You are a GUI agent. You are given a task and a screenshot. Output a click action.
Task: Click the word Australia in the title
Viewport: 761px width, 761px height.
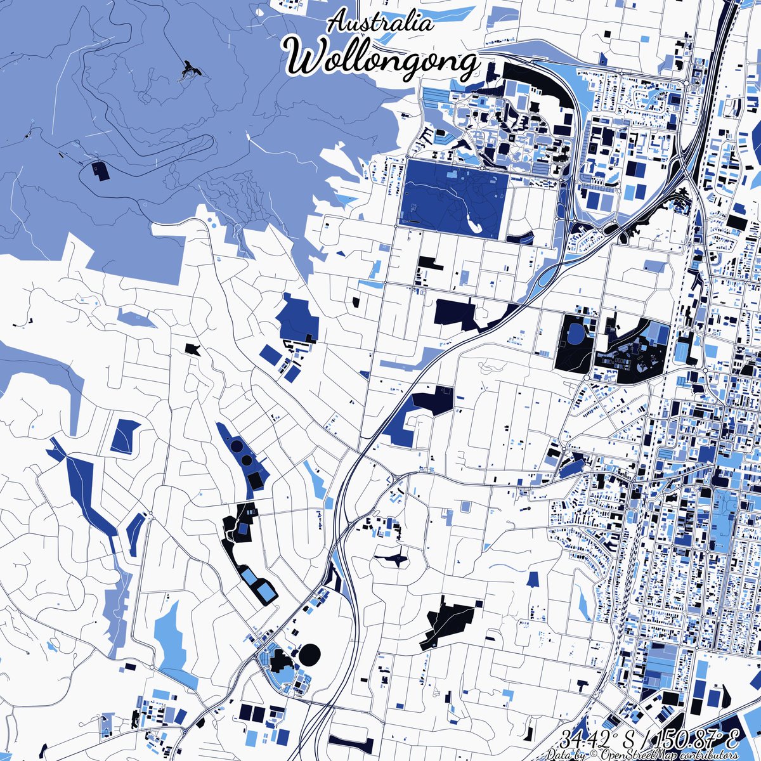(x=380, y=23)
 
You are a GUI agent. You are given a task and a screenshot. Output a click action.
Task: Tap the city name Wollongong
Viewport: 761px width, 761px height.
(x=382, y=60)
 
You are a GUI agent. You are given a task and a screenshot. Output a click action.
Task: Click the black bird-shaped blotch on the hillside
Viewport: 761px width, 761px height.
(x=190, y=69)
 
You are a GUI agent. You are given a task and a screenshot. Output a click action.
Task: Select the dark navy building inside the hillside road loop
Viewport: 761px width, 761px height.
(x=99, y=169)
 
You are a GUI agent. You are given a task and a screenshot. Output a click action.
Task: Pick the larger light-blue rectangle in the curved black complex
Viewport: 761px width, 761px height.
(x=266, y=594)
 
